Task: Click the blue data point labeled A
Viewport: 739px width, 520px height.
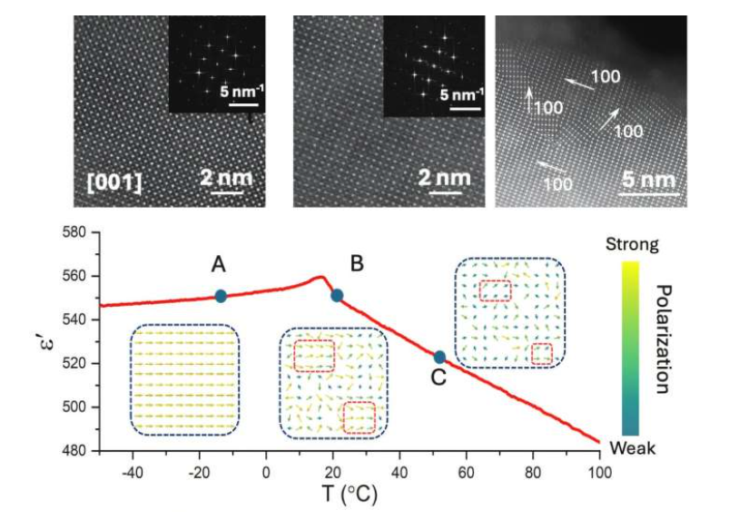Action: [221, 296]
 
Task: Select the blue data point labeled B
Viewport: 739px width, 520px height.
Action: [337, 295]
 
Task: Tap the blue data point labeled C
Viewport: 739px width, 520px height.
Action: [439, 358]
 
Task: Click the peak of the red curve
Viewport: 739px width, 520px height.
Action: [321, 277]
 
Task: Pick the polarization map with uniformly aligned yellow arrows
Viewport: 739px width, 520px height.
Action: [186, 380]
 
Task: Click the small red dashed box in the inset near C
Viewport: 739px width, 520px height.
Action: [541, 354]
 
